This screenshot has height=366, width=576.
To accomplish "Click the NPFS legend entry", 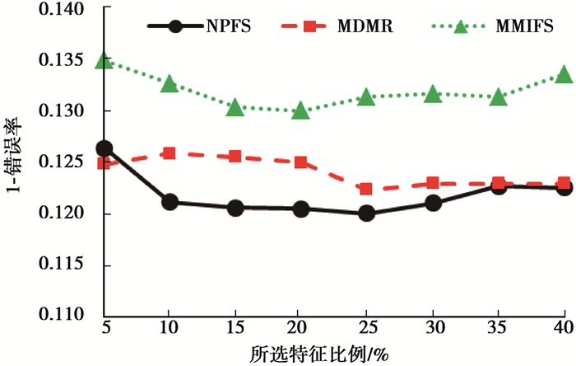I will point(197,26).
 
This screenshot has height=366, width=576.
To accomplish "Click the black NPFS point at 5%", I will point(105,148).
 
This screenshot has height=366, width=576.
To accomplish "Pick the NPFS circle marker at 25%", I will point(366,213).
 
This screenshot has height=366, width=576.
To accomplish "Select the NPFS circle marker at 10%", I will point(170,202).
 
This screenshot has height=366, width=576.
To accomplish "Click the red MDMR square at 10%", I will point(170,153).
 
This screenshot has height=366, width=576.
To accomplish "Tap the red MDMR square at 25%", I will point(366,189).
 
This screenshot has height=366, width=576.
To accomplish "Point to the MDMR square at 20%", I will point(301,162).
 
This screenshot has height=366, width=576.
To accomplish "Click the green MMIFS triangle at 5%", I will point(105,61).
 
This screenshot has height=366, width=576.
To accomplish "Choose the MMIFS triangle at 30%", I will point(432,95).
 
